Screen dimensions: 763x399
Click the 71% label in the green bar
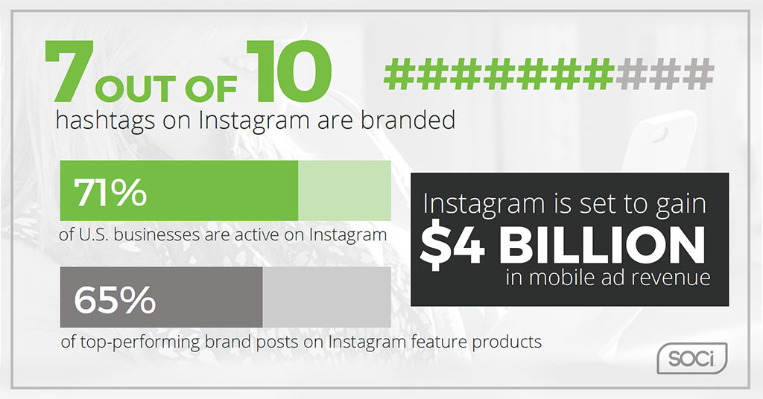(110, 193)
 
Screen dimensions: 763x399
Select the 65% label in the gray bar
(114, 299)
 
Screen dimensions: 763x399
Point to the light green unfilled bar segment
(344, 191)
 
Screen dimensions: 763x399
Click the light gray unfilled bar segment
(326, 297)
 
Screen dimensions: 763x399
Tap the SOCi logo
(692, 359)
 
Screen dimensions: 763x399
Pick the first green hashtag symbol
(400, 74)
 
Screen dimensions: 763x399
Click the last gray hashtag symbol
(697, 74)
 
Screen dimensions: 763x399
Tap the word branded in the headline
(408, 120)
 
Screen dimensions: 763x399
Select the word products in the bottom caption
(507, 342)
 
